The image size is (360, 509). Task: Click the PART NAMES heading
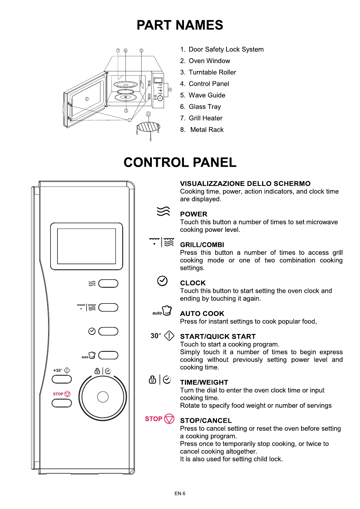(x=180, y=25)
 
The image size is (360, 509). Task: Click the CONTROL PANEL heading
(x=180, y=162)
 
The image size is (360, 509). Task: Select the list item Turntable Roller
(x=212, y=72)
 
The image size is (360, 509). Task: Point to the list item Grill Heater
(x=205, y=118)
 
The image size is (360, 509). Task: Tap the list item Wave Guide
(x=207, y=95)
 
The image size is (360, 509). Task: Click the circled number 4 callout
(x=170, y=90)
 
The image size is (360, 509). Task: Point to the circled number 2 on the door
(x=87, y=99)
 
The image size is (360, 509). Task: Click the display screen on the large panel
(x=87, y=246)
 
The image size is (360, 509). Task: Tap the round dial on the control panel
(x=103, y=397)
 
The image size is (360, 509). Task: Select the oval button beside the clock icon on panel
(x=108, y=331)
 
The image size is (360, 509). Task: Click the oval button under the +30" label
(x=62, y=379)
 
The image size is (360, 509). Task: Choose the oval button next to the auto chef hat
(x=108, y=355)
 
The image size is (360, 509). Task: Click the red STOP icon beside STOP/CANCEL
(x=169, y=419)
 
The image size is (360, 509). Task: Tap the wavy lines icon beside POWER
(x=163, y=211)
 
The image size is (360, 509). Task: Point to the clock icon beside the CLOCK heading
(x=162, y=281)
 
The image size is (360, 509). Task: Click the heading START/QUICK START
(x=218, y=336)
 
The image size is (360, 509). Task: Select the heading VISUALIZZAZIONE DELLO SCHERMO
(x=245, y=183)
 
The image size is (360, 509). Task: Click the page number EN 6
(x=180, y=493)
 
